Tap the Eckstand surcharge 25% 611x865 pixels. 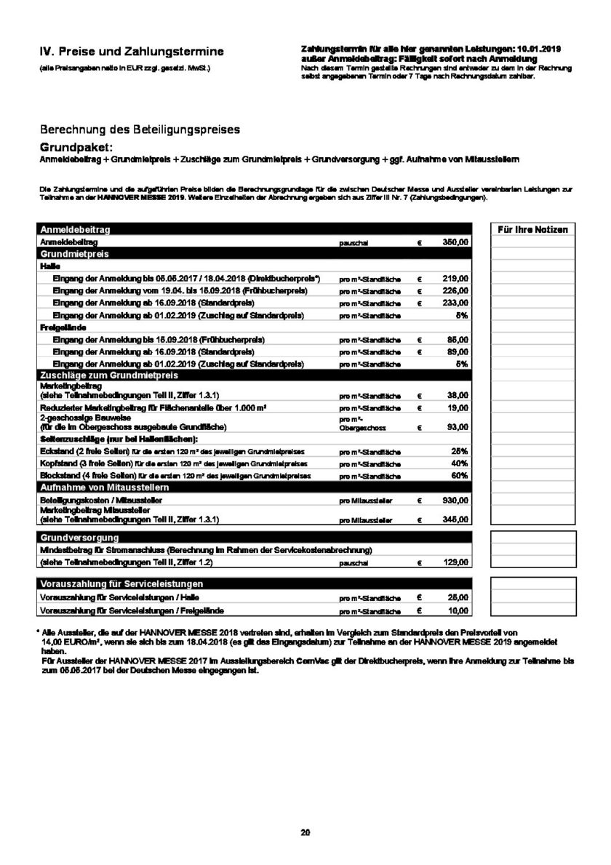[459, 451]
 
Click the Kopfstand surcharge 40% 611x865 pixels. [459, 463]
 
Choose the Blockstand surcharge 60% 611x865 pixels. [459, 475]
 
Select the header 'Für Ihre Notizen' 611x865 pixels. [532, 229]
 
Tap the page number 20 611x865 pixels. [305, 832]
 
